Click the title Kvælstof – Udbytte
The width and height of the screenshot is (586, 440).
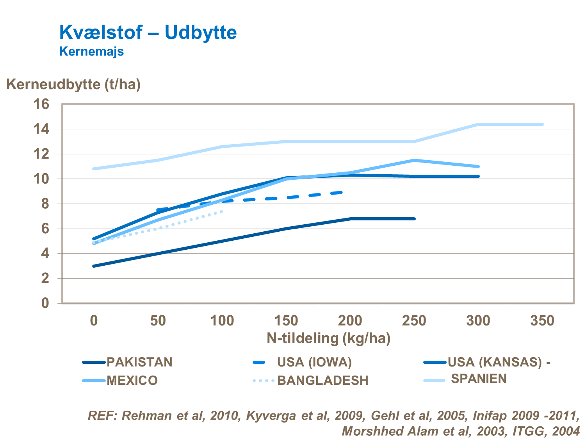point(148,32)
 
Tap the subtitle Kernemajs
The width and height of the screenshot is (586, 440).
point(91,51)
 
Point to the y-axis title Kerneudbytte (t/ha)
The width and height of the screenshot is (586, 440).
point(73,84)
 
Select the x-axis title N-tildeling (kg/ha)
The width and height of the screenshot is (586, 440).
point(328,338)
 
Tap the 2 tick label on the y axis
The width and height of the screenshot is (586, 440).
point(45,279)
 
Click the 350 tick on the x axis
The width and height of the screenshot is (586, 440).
point(542,321)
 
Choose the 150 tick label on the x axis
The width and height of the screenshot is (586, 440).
point(286,321)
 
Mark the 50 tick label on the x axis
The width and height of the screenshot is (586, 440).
point(158,321)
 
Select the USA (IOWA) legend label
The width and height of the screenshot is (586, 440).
point(314,362)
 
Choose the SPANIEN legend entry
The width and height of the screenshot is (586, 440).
point(479,379)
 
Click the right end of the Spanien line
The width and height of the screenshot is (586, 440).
point(542,124)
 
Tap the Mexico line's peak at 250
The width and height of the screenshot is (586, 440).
point(414,160)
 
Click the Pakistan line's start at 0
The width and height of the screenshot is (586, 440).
point(94,266)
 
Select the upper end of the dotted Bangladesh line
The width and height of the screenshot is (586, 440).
point(222,211)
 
